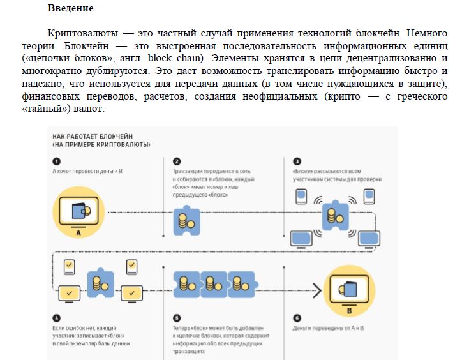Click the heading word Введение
(70, 10)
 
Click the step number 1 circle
(56, 161)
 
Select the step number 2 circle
(177, 161)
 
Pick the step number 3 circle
(297, 161)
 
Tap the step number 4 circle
(56, 318)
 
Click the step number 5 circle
(177, 318)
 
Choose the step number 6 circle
(297, 318)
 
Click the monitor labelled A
(77, 211)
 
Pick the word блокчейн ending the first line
(424, 33)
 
